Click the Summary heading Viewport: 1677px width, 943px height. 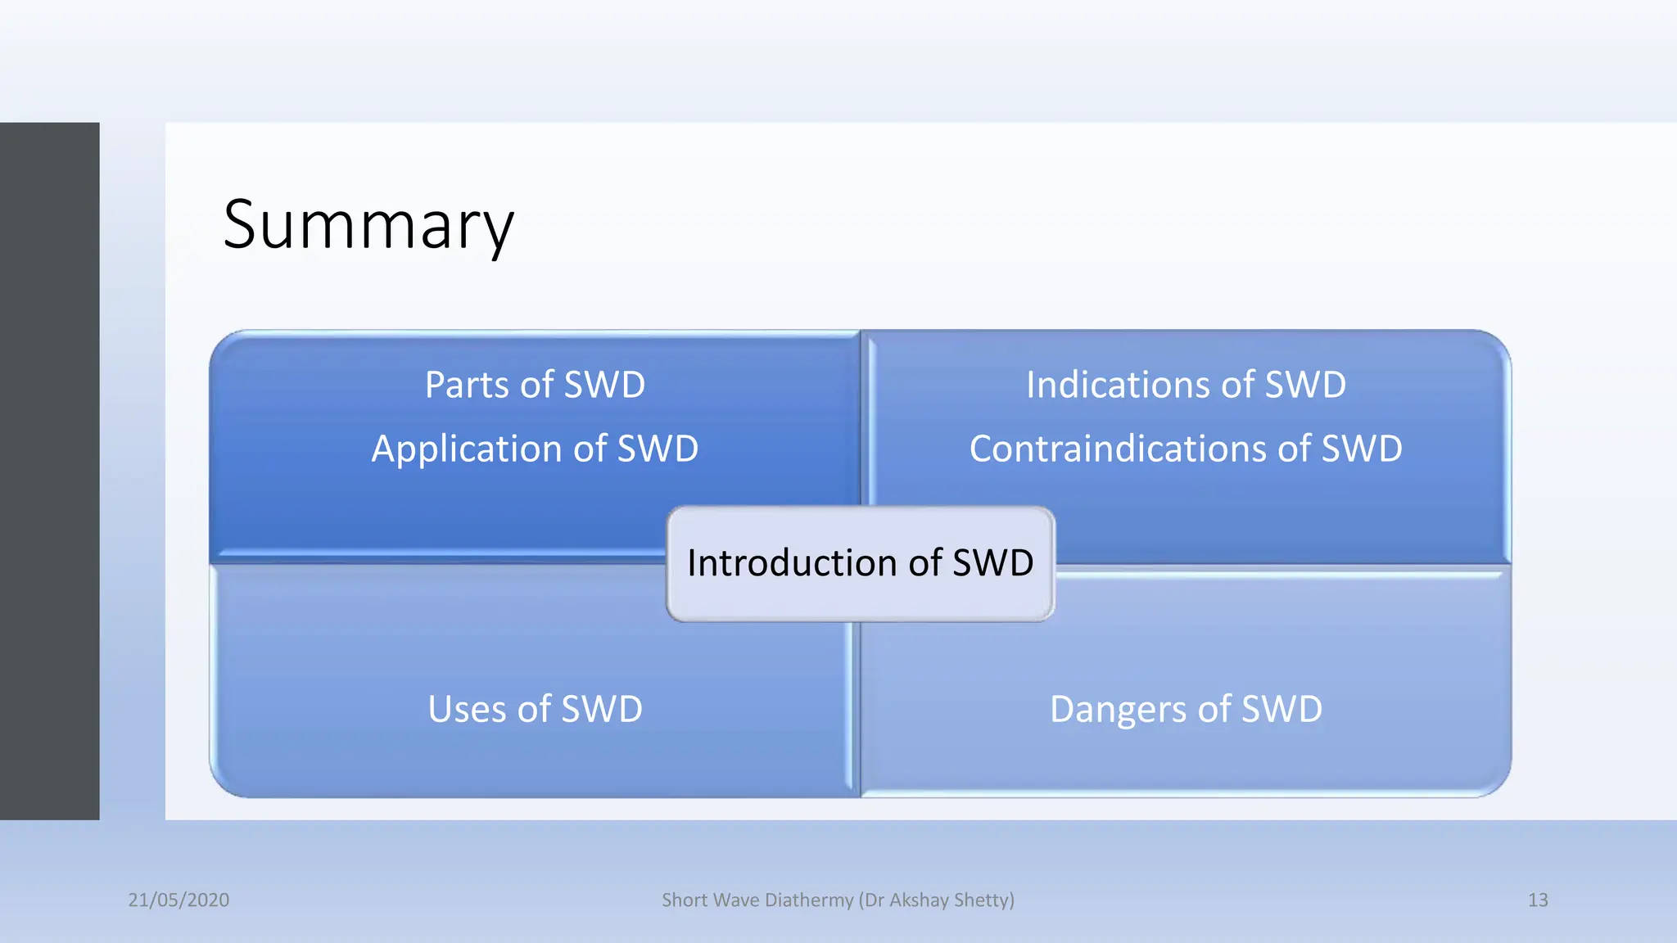click(x=368, y=225)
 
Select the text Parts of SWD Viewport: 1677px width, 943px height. click(x=535, y=385)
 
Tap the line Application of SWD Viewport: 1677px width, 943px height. click(x=535, y=449)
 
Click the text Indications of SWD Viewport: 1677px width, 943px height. click(x=1186, y=385)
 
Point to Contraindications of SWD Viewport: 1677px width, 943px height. click(x=1186, y=449)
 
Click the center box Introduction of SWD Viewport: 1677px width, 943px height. click(x=860, y=564)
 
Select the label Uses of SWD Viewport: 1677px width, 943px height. click(x=535, y=709)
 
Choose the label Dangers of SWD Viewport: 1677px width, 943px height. click(x=1186, y=709)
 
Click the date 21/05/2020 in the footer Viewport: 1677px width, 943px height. click(x=179, y=900)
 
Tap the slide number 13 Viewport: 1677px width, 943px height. click(x=1538, y=900)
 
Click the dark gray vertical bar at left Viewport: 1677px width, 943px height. click(x=49, y=471)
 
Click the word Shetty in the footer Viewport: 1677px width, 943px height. click(x=983, y=900)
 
